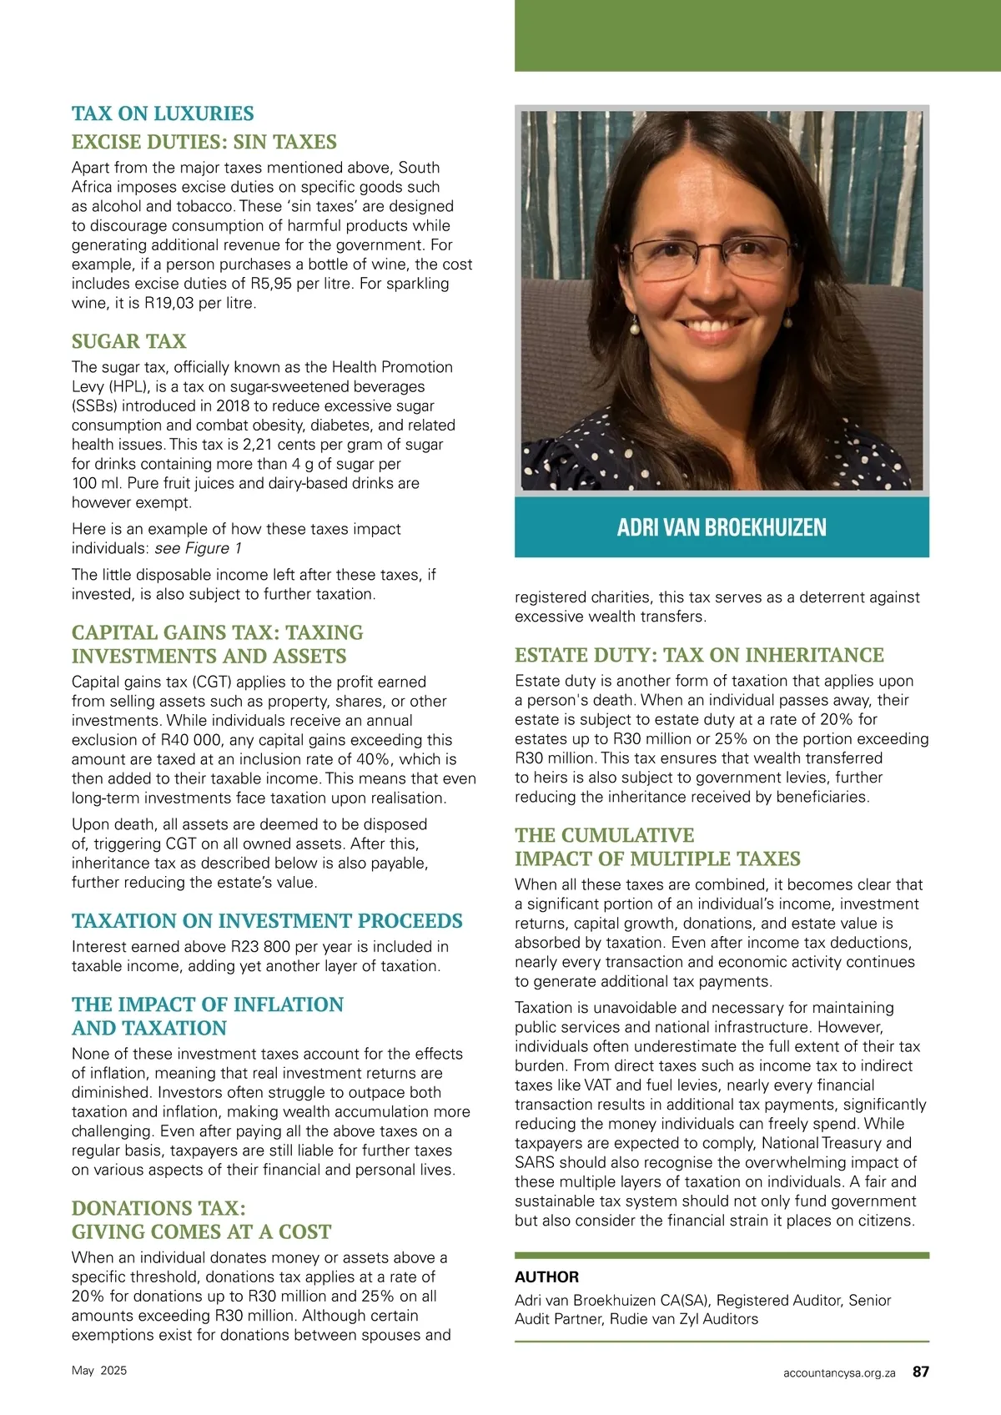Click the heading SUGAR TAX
128,341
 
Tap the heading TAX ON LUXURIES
163,113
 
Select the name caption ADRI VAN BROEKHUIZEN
722,527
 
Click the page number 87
921,1372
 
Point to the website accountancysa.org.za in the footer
839,1372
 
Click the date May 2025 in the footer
99,1371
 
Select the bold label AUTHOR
546,1277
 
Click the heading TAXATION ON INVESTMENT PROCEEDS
267,921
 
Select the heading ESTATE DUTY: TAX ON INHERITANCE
699,655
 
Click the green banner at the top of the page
757,35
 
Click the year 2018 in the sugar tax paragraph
234,406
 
